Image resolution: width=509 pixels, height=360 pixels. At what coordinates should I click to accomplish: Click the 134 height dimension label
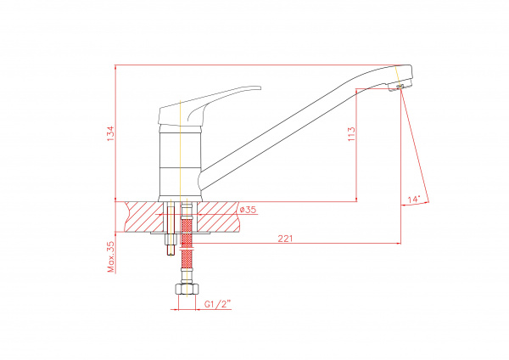[x=111, y=133]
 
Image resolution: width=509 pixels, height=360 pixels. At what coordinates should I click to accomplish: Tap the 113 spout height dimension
[x=351, y=134]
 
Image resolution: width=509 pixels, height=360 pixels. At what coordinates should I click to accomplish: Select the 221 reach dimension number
[x=285, y=239]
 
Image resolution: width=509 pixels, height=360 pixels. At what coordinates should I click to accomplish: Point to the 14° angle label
[x=414, y=200]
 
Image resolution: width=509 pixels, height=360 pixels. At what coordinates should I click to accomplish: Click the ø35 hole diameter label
[x=248, y=210]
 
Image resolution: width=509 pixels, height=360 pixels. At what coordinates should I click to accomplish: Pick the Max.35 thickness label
[x=111, y=256]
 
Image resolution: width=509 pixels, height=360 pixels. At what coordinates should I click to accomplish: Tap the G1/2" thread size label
[x=217, y=304]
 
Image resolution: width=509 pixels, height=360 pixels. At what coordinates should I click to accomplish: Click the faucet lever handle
[x=209, y=106]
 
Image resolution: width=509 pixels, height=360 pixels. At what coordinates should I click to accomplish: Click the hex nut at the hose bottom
[x=187, y=290]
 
